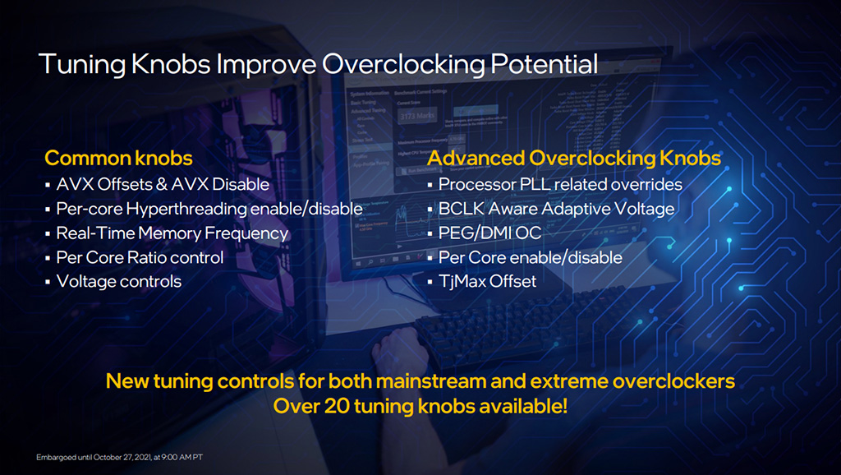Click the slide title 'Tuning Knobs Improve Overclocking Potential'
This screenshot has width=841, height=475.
pos(318,64)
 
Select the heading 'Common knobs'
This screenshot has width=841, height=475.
pos(118,158)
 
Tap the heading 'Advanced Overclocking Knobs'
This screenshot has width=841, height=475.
pos(574,158)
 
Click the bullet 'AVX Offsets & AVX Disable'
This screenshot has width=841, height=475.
pos(163,184)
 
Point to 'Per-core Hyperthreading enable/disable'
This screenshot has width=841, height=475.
pos(209,209)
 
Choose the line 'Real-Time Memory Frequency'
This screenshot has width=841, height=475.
pos(172,233)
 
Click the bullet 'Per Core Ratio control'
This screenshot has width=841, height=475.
pos(140,257)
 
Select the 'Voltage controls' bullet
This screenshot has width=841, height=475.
pos(119,281)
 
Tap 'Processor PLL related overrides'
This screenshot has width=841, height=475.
pos(560,184)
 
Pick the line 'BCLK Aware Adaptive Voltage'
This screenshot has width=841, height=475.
pos(556,209)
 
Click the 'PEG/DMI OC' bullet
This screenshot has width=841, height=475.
pos(489,233)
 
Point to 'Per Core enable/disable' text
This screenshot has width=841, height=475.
pos(531,257)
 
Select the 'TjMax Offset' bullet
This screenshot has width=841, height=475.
pos(487,281)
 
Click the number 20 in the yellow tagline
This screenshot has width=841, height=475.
pos(337,406)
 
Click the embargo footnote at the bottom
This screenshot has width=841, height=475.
pos(120,457)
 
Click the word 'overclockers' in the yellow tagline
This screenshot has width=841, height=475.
pos(673,381)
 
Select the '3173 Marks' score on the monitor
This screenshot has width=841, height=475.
pos(417,115)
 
